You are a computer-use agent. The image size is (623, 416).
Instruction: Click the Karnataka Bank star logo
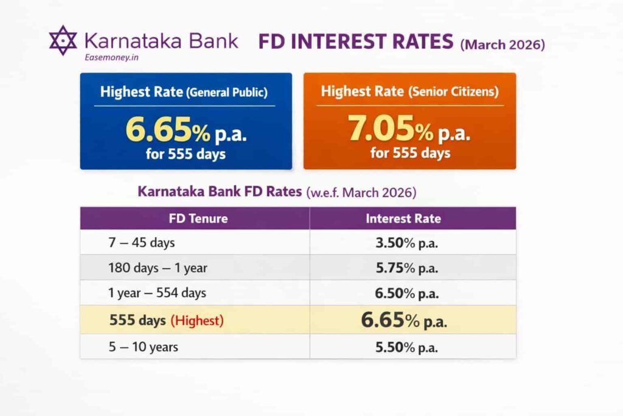(x=63, y=40)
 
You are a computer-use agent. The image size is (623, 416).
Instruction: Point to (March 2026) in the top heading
(x=502, y=44)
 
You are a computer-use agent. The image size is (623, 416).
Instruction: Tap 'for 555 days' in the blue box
(x=186, y=153)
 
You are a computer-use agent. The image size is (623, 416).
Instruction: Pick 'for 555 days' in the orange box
(x=410, y=152)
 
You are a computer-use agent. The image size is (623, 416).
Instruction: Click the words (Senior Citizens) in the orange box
(x=453, y=93)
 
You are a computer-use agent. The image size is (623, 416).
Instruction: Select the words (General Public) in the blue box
(x=227, y=93)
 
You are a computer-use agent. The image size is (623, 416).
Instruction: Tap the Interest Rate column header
(x=403, y=218)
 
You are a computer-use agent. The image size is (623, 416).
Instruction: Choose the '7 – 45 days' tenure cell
(x=141, y=242)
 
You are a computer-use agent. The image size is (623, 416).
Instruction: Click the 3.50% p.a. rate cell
(x=407, y=243)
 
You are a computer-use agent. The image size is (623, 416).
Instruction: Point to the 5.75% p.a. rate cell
(x=407, y=268)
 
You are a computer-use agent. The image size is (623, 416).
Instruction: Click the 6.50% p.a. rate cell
(x=407, y=293)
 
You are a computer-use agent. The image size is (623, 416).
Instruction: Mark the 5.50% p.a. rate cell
(x=407, y=347)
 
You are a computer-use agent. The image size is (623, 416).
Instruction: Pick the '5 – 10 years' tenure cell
(x=144, y=347)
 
